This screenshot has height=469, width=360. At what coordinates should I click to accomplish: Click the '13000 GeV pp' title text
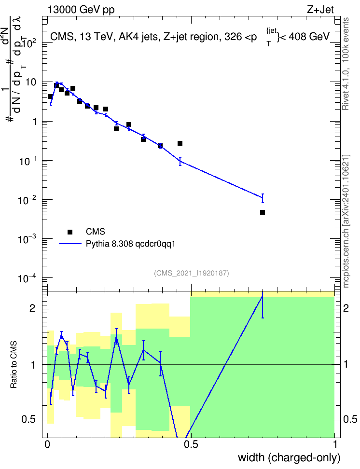[81, 10]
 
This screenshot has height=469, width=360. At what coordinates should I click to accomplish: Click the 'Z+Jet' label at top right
[320, 10]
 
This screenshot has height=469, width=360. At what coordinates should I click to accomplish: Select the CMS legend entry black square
[70, 232]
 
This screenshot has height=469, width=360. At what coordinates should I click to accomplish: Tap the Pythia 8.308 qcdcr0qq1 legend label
[130, 244]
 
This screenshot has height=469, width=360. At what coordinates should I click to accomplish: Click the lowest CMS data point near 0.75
[263, 212]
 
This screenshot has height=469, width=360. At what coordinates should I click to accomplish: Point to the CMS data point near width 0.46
[180, 143]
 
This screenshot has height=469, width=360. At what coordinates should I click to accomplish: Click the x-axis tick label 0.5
[191, 444]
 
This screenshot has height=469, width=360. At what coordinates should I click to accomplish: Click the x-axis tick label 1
[334, 444]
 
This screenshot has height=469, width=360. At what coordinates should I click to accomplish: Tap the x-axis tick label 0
[47, 444]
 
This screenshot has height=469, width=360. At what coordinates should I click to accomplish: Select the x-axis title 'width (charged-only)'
[289, 458]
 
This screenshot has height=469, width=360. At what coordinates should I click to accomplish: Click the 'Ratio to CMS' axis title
[14, 365]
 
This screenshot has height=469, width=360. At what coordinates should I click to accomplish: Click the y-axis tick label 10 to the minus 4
[27, 278]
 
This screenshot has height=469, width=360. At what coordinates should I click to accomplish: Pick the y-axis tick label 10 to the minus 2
[27, 200]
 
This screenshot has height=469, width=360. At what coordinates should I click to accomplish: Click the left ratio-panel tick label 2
[33, 308]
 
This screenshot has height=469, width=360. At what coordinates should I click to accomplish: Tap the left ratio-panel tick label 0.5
[29, 420]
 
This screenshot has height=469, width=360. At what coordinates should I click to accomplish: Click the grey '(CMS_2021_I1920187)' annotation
[192, 273]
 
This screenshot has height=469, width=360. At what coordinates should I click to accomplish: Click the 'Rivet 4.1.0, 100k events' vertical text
[346, 64]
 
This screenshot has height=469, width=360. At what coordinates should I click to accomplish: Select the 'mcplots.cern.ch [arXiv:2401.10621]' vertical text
[346, 221]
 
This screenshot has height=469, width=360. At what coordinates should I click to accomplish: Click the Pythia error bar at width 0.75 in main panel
[263, 198]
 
